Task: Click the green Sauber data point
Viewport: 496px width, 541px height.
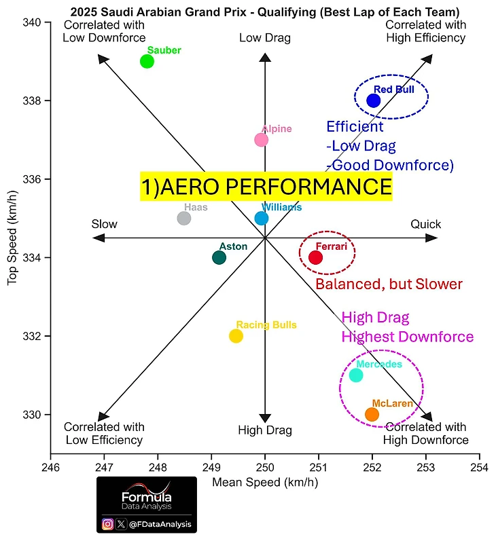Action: point(147,61)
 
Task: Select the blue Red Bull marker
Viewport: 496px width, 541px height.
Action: point(373,100)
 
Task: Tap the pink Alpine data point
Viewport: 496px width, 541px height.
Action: point(261,140)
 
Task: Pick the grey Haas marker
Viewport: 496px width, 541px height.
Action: point(184,218)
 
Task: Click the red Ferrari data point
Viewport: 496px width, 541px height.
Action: point(315,257)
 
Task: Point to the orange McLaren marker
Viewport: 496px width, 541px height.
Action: point(372,414)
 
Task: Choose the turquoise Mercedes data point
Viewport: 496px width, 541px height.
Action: point(355,375)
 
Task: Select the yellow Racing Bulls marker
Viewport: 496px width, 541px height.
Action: point(236,336)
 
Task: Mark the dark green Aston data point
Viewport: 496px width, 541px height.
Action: point(219,257)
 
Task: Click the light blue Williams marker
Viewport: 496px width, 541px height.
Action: point(261,218)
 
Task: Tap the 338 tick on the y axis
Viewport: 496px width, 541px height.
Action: point(33,100)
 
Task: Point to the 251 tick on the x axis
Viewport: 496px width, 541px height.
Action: point(319,467)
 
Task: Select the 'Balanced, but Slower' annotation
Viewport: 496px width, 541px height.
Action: point(389,284)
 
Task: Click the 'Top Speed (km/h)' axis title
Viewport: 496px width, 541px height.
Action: point(12,238)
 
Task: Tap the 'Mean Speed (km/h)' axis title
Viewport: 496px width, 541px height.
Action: point(265,483)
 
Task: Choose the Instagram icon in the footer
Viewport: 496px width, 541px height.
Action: point(107,524)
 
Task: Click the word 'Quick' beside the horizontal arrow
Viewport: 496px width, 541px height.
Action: point(425,224)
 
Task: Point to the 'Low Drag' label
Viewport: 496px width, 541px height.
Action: point(265,38)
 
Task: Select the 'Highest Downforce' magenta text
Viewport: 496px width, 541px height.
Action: point(408,337)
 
